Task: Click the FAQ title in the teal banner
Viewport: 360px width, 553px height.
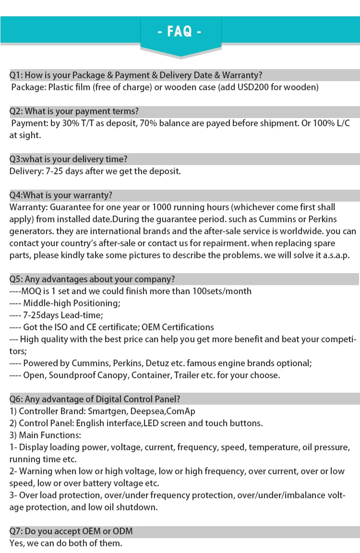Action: pyautogui.click(x=180, y=32)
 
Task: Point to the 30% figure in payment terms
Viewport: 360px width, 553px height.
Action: pyautogui.click(x=74, y=123)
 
